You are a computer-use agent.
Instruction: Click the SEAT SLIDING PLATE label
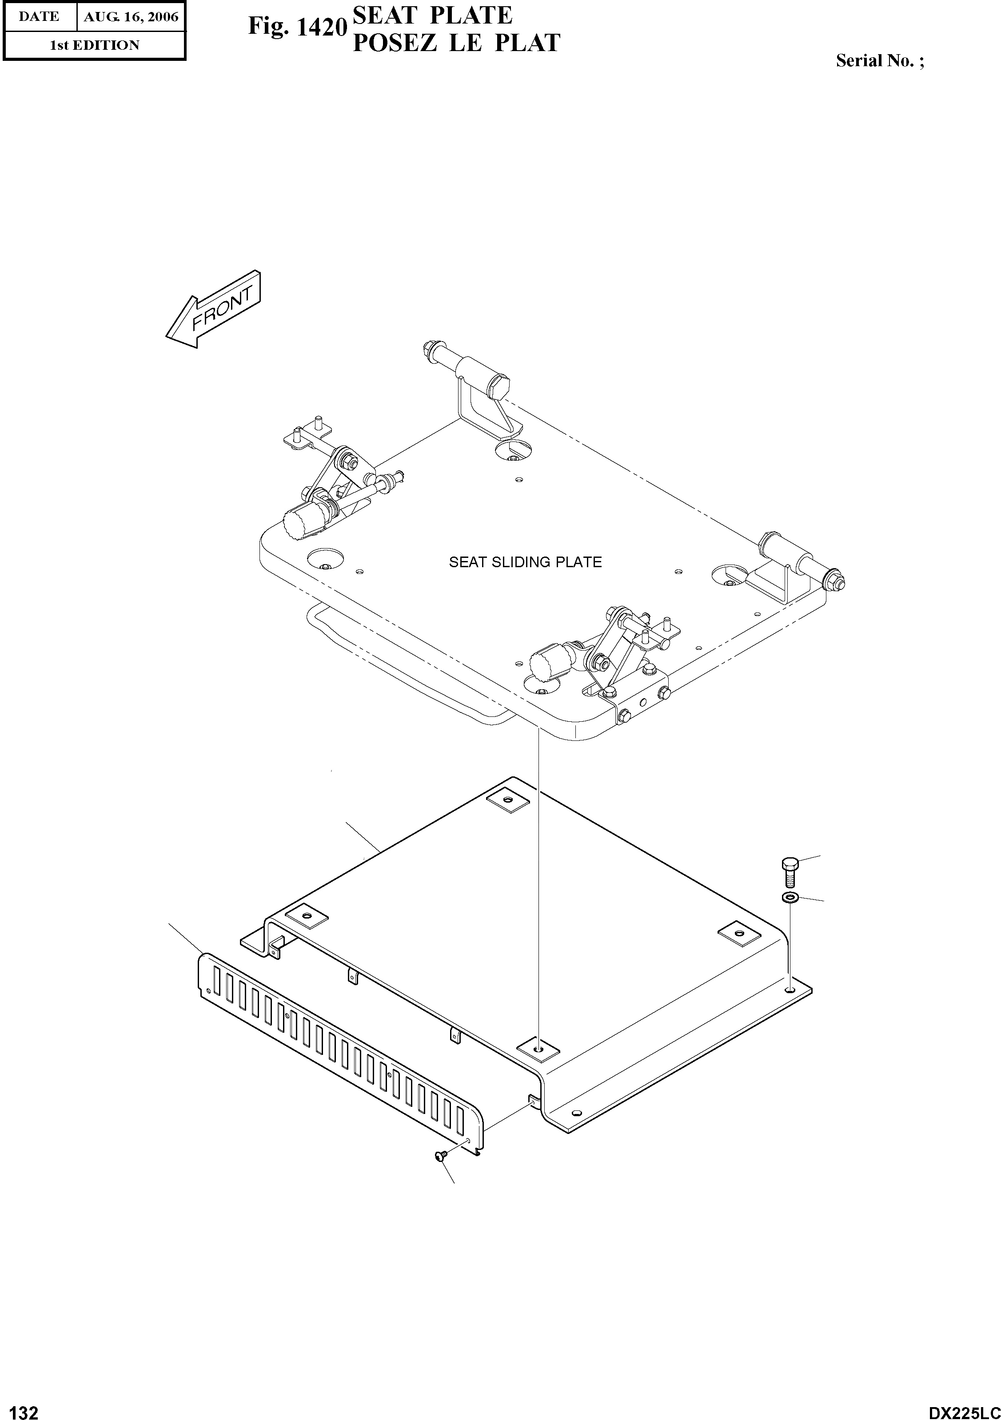525,562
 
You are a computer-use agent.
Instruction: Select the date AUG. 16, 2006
131,17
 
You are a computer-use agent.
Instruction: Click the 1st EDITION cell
94,45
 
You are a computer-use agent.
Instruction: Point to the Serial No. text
879,60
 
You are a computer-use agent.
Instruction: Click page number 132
20,1408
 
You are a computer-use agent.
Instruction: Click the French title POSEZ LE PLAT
456,43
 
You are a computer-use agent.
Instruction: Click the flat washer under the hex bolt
790,897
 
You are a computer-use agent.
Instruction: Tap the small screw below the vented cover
440,1155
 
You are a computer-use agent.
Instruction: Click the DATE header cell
39,17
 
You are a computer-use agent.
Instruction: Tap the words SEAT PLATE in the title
432,15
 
